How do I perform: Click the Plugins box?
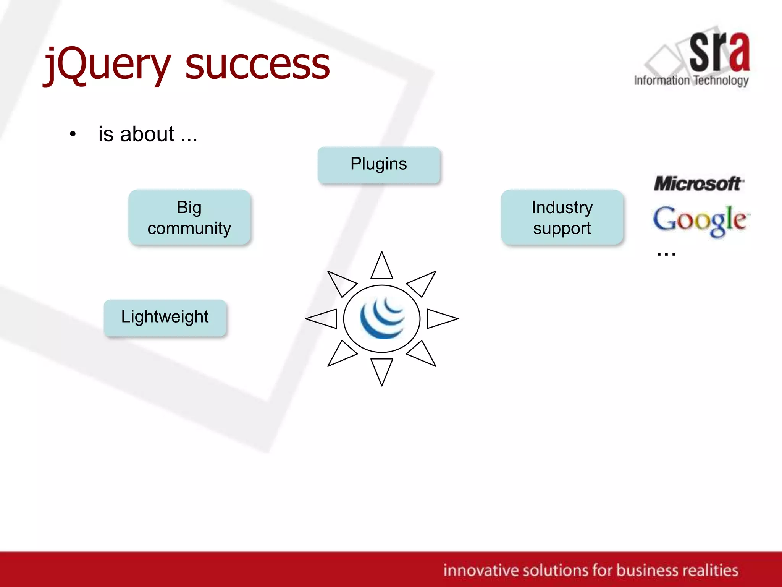[x=379, y=164]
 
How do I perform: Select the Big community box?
[x=189, y=217]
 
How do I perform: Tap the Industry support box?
[x=562, y=217]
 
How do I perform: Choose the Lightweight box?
[x=165, y=317]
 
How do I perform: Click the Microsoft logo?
[x=699, y=184]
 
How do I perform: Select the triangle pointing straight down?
[x=382, y=369]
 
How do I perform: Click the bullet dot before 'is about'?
[x=73, y=134]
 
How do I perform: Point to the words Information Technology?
[x=691, y=81]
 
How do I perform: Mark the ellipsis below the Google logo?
[x=666, y=253]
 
